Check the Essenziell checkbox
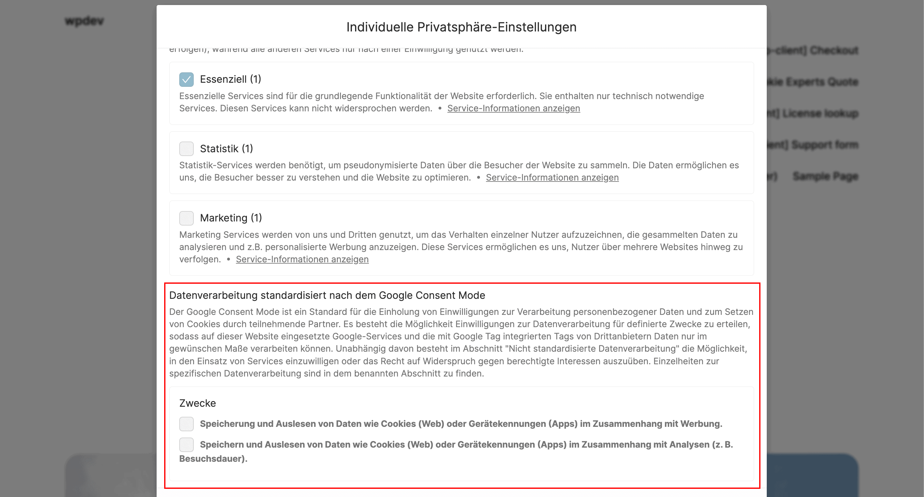[186, 79]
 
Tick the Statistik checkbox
[186, 148]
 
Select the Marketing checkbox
[186, 218]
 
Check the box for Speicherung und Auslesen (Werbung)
[186, 424]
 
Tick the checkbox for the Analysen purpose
[186, 444]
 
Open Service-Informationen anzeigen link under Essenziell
[513, 109]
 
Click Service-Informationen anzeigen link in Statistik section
[552, 178]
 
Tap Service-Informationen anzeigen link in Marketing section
[302, 260]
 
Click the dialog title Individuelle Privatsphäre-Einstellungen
[461, 27]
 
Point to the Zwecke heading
[197, 403]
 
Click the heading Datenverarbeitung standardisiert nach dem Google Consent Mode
[327, 295]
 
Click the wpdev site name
[84, 21]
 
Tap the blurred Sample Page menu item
[825, 176]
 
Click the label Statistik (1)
[226, 148]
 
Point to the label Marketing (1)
[231, 218]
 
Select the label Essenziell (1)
[230, 79]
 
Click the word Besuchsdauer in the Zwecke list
[212, 459]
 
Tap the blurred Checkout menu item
[834, 50]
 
